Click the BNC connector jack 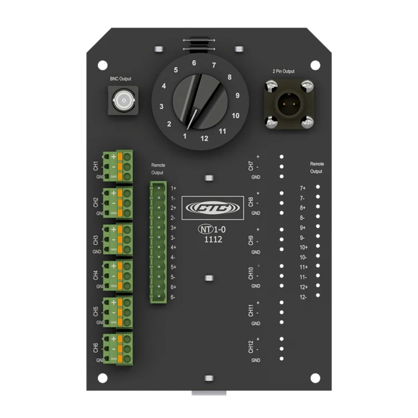tap(122, 101)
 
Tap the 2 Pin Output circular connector tap(288, 104)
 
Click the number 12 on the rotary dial tap(205, 138)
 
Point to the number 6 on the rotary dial tap(194, 63)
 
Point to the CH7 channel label tap(251, 166)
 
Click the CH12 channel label tap(251, 347)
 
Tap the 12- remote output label tap(303, 297)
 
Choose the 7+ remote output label tap(303, 188)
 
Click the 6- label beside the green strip tap(173, 297)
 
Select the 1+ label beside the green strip tap(173, 188)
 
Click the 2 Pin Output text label tap(284, 71)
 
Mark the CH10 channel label tap(251, 274)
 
